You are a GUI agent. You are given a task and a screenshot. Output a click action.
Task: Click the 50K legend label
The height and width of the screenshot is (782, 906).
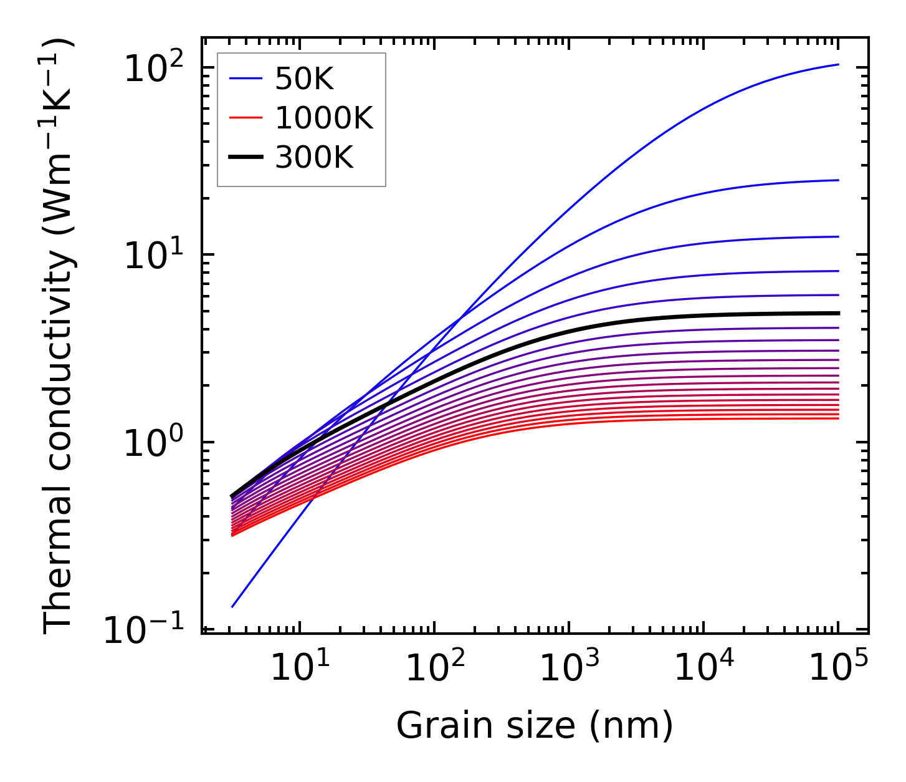(x=305, y=79)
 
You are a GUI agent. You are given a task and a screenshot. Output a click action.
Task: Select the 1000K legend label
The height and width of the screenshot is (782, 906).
(x=324, y=118)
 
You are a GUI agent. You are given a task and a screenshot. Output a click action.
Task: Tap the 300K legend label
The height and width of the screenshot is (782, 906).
(x=314, y=158)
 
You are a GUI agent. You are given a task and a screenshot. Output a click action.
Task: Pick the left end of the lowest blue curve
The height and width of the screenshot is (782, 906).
(x=232, y=607)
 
